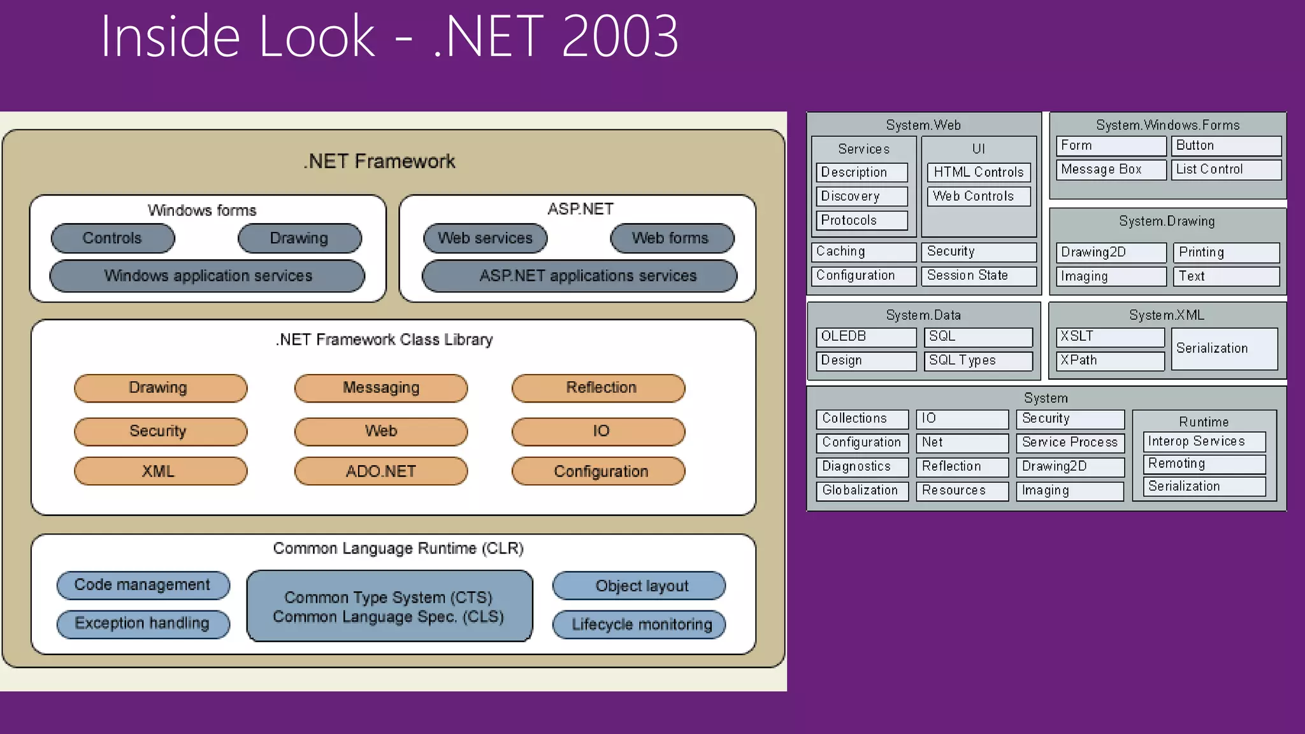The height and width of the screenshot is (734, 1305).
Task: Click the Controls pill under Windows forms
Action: click(x=113, y=238)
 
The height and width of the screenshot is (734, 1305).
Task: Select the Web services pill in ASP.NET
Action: click(x=485, y=238)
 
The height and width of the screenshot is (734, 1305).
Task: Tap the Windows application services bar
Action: click(x=208, y=276)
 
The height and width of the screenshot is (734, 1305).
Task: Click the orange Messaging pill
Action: click(x=381, y=388)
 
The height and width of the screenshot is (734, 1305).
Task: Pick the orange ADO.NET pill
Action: click(x=381, y=471)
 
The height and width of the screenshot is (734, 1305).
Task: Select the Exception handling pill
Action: click(x=143, y=624)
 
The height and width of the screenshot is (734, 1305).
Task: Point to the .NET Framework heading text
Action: click(x=379, y=162)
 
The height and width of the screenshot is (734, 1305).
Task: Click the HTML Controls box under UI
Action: click(x=978, y=172)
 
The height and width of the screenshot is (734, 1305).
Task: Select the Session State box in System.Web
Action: click(x=978, y=275)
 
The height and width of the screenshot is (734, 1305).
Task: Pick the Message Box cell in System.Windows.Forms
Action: click(x=1111, y=169)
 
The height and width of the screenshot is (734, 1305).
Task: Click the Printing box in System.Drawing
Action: click(x=1225, y=252)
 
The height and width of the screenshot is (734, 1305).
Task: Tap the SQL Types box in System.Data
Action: click(x=978, y=361)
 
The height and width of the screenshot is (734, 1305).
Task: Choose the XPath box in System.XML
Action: click(x=1110, y=361)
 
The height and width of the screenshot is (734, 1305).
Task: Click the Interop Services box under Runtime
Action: click(x=1204, y=442)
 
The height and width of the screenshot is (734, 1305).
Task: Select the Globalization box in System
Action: click(x=862, y=491)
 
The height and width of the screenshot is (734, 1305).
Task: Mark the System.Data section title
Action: click(x=923, y=315)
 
